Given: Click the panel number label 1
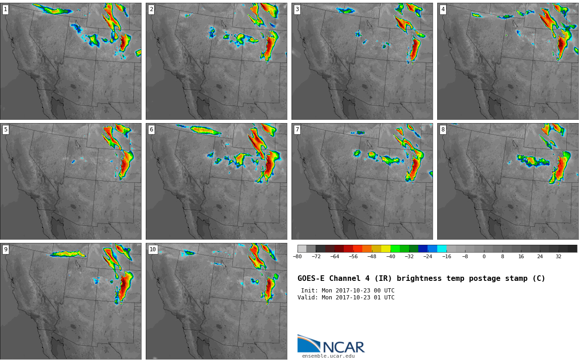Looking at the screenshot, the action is click(x=6, y=10).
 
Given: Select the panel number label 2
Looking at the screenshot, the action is click(x=151, y=10).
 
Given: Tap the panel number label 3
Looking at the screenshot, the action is click(x=297, y=10).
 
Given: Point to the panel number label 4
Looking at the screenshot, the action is click(x=443, y=10).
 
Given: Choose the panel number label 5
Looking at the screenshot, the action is click(x=6, y=130).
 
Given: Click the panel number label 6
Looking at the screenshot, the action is click(x=151, y=130).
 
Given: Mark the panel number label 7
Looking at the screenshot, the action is click(x=297, y=130).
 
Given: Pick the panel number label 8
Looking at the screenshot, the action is click(x=443, y=130).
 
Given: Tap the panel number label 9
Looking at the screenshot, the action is click(x=6, y=249).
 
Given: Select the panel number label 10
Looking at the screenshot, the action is click(x=153, y=249).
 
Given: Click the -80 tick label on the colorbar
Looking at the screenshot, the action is click(x=298, y=256).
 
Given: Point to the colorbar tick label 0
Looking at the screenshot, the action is click(x=484, y=256).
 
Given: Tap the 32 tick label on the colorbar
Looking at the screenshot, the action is click(x=558, y=256).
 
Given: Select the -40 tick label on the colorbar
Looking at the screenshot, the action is click(x=391, y=256).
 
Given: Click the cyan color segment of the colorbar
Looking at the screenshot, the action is click(x=442, y=248).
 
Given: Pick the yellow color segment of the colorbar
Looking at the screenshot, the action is click(x=386, y=248).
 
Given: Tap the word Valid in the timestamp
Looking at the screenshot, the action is click(x=306, y=297).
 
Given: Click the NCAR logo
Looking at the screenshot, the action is click(x=331, y=344).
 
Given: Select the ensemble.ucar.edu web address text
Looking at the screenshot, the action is click(x=329, y=356).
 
